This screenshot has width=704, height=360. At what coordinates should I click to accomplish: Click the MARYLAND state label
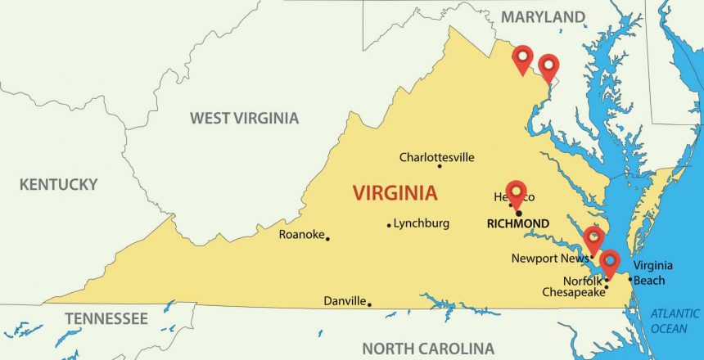543,17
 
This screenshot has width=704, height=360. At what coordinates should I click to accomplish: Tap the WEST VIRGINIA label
244,119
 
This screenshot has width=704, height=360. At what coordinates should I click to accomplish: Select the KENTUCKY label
59,185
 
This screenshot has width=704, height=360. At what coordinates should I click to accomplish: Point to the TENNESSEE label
106,318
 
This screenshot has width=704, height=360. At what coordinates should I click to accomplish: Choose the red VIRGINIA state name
395,194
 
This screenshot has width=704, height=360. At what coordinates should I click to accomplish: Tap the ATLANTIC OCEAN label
675,321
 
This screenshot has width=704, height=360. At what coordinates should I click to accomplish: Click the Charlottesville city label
436,157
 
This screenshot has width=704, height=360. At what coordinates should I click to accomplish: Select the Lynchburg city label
421,223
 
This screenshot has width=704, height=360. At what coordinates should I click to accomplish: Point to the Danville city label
345,301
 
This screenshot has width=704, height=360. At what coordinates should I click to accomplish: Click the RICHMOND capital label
517,223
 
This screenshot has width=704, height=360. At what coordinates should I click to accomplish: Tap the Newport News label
549,259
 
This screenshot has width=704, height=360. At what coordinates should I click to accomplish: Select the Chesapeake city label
573,291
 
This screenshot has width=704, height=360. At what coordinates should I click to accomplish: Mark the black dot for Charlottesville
440,166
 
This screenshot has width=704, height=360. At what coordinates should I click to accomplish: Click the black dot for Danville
369,304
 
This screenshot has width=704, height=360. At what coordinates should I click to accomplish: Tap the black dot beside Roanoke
327,238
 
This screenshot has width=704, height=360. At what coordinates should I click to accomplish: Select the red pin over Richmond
516,193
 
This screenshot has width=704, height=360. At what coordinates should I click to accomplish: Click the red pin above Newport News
593,238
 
